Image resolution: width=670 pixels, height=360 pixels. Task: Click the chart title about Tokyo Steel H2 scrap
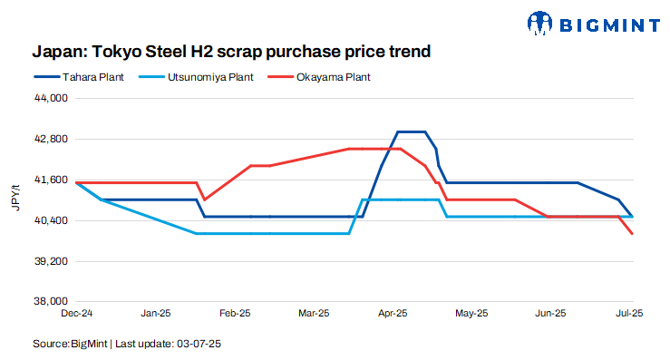pos(231,51)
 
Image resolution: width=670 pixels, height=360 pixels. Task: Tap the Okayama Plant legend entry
pos(320,77)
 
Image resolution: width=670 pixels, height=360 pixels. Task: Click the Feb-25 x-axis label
pos(235,314)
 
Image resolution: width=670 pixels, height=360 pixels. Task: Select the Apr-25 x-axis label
pos(392,314)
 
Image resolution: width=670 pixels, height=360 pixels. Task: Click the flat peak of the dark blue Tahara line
pos(413,131)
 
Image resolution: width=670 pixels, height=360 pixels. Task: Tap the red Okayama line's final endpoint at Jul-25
pos(632,234)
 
